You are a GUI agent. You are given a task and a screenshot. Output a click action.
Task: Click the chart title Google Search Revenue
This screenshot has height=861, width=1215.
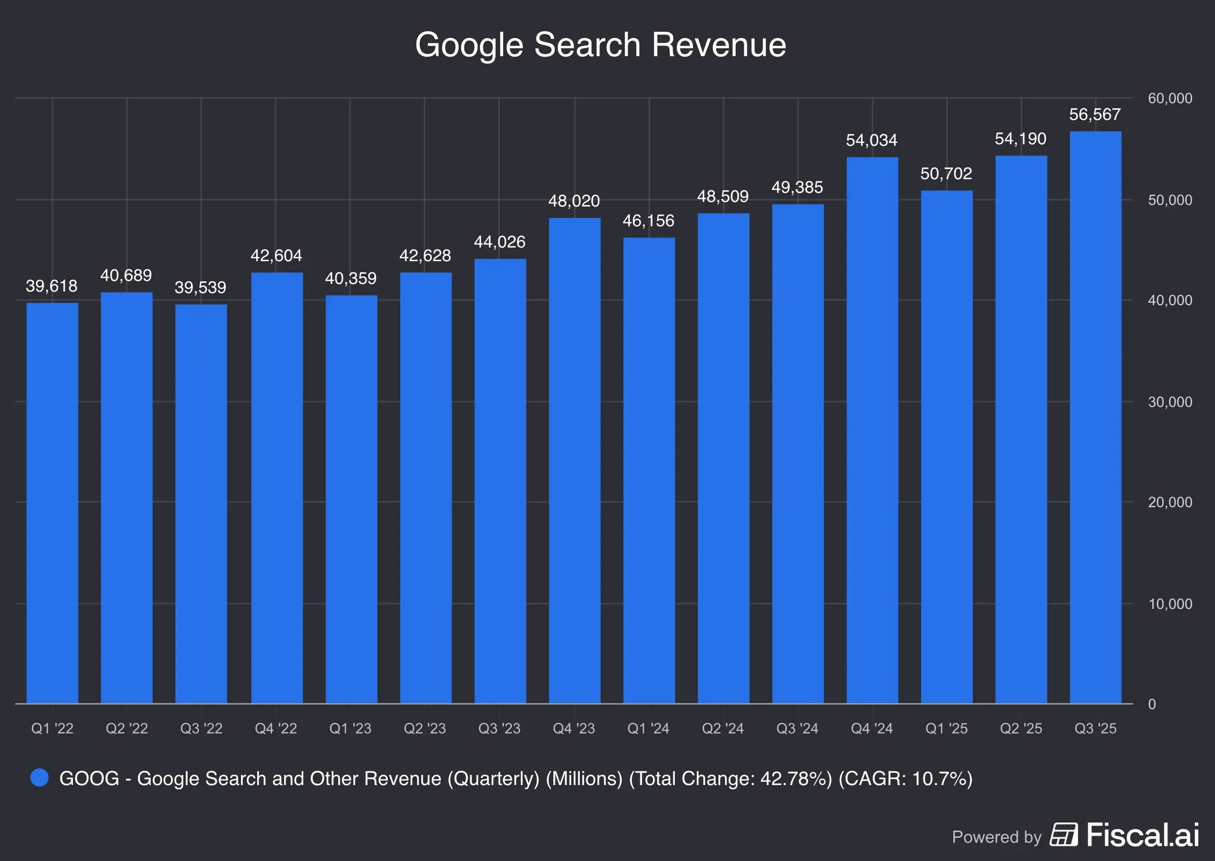tap(600, 45)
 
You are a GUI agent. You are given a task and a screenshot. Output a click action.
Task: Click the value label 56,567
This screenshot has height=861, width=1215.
tap(1094, 114)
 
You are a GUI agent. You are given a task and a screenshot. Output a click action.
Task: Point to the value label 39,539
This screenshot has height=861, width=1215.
tap(200, 288)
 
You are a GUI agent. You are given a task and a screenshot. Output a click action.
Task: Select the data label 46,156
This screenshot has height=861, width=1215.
tap(648, 221)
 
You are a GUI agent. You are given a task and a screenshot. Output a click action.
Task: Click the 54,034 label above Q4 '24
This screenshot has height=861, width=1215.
tap(871, 140)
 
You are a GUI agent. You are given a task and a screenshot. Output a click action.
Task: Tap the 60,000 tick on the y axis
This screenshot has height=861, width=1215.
tap(1169, 98)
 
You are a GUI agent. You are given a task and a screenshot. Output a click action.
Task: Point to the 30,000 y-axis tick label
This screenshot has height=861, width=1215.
tap(1169, 402)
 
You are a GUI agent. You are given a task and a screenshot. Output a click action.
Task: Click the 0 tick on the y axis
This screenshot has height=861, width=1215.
tap(1151, 704)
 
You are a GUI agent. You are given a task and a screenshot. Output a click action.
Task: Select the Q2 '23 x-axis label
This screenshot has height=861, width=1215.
tap(425, 728)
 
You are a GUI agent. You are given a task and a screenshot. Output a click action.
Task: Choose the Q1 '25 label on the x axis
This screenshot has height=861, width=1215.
tap(946, 728)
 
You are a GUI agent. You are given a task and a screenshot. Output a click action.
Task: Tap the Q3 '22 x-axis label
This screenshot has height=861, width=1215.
tap(201, 728)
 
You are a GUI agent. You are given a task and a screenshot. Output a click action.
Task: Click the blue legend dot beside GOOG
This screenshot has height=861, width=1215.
tap(39, 778)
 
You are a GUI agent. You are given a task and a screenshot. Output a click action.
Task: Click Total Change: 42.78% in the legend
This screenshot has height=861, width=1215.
tap(731, 778)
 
